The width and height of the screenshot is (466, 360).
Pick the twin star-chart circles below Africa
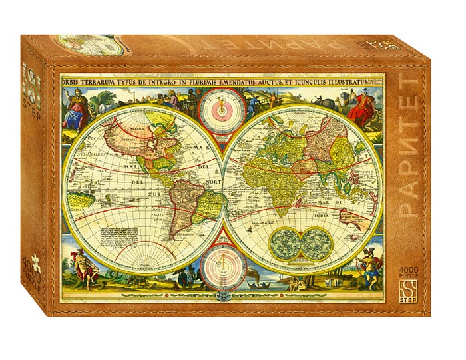(298, 242)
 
